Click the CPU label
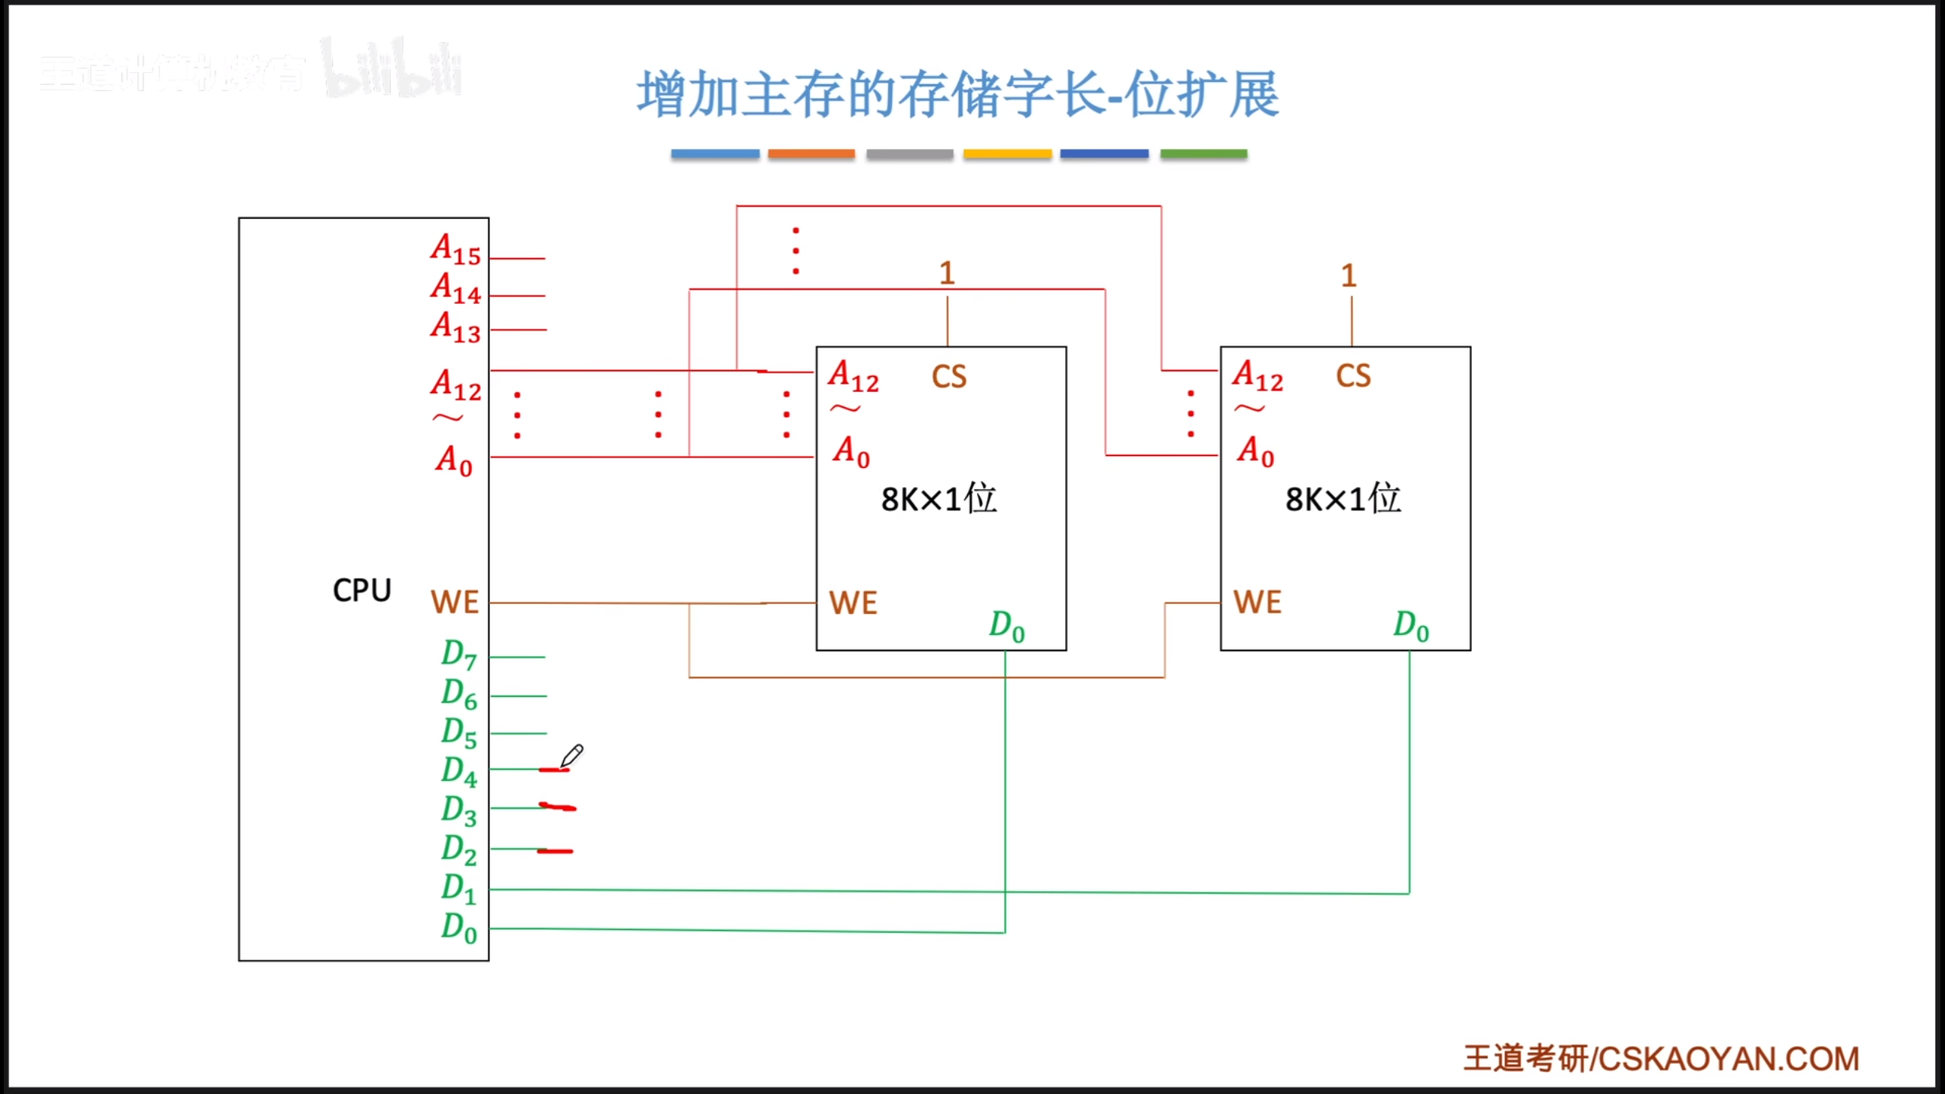(x=362, y=590)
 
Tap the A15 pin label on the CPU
(x=456, y=249)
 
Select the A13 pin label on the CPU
(x=456, y=327)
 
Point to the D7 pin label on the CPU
(x=459, y=654)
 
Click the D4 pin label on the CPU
(x=459, y=771)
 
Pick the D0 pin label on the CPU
(x=459, y=928)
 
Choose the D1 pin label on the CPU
(x=459, y=888)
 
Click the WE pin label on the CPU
(x=454, y=602)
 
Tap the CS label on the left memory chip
(x=949, y=377)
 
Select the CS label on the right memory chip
(x=1353, y=376)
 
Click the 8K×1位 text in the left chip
(x=938, y=499)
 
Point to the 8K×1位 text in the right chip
(x=1343, y=499)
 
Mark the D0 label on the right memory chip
(x=1411, y=626)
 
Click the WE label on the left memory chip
(x=853, y=603)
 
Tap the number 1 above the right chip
(x=1349, y=275)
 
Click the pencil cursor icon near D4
(x=571, y=756)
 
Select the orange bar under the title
(x=811, y=154)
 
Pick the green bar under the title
(x=1203, y=154)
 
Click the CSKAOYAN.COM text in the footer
(x=1728, y=1059)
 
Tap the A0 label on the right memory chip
(x=1256, y=451)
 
